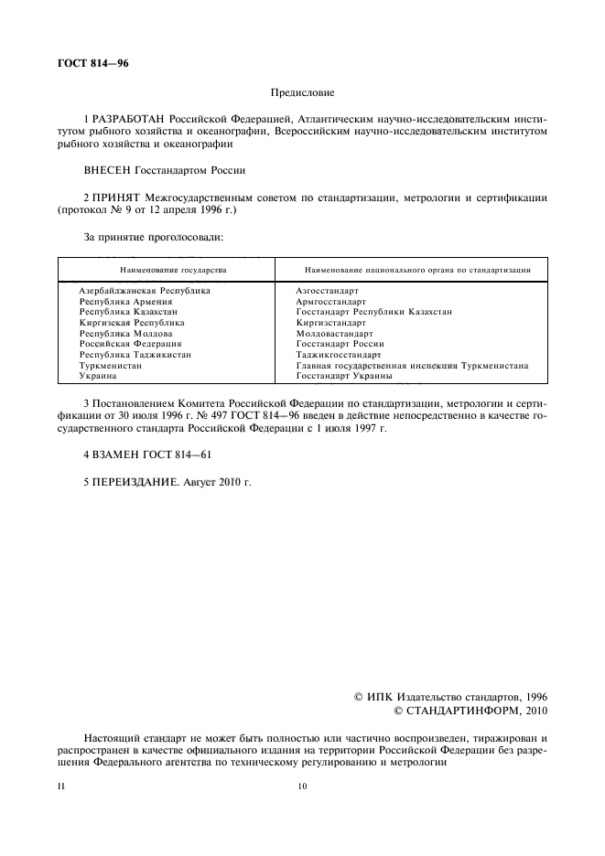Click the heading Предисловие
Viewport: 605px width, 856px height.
(x=302, y=92)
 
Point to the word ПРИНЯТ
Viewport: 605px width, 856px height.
(x=119, y=197)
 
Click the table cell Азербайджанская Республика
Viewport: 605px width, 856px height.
(x=145, y=291)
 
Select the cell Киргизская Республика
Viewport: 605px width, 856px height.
(x=132, y=323)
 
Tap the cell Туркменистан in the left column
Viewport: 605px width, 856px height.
(x=110, y=365)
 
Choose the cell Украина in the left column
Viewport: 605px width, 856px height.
(x=97, y=376)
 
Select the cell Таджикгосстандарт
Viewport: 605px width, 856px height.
(x=338, y=355)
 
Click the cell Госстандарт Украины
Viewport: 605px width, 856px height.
(x=344, y=376)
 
